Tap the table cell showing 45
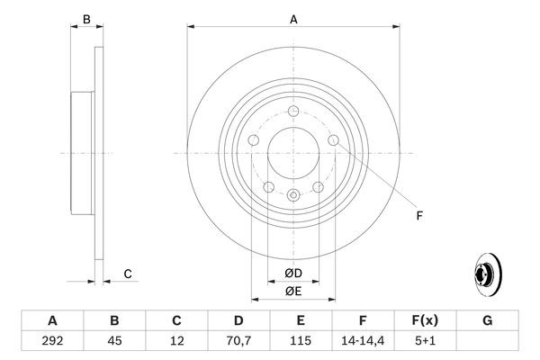(114, 342)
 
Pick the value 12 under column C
(176, 342)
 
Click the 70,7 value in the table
(238, 342)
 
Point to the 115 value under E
(301, 342)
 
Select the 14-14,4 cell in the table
(364, 342)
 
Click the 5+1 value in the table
(425, 342)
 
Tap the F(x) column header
(425, 320)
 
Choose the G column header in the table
(487, 320)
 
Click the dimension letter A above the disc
(293, 18)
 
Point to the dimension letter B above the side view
(86, 19)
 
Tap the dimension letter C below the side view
(128, 274)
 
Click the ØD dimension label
(293, 273)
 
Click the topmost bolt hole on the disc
(293, 111)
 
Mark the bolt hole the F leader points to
(333, 140)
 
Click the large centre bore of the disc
(293, 153)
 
